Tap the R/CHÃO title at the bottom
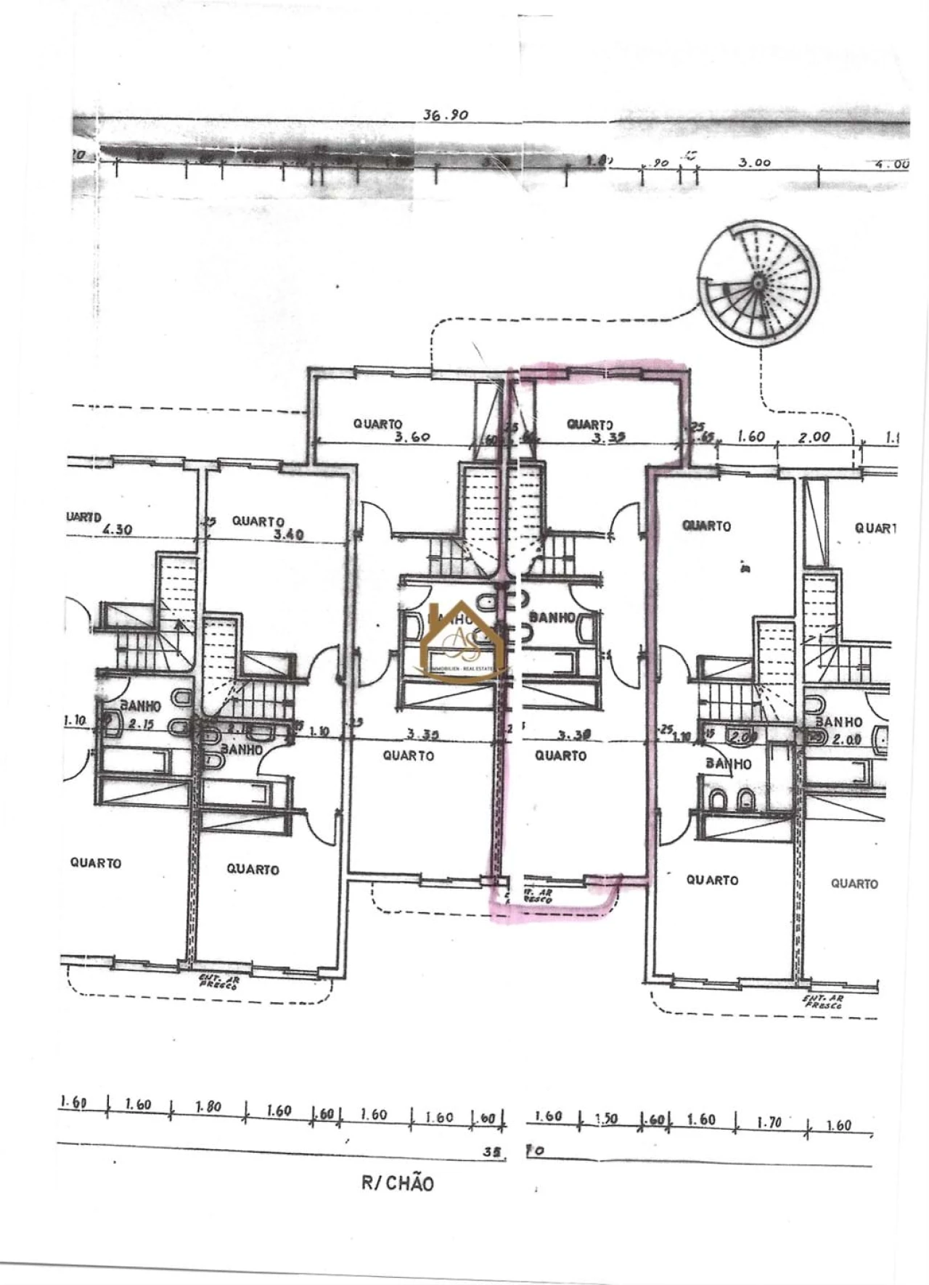(x=398, y=1183)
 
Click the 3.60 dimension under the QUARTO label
(x=412, y=437)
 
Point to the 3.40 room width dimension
(x=289, y=534)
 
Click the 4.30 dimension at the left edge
(x=118, y=530)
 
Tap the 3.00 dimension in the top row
(x=754, y=163)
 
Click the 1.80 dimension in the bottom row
(x=208, y=1107)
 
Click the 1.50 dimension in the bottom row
(x=607, y=1119)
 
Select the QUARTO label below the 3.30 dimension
(x=560, y=756)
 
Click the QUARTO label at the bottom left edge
(x=96, y=863)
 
